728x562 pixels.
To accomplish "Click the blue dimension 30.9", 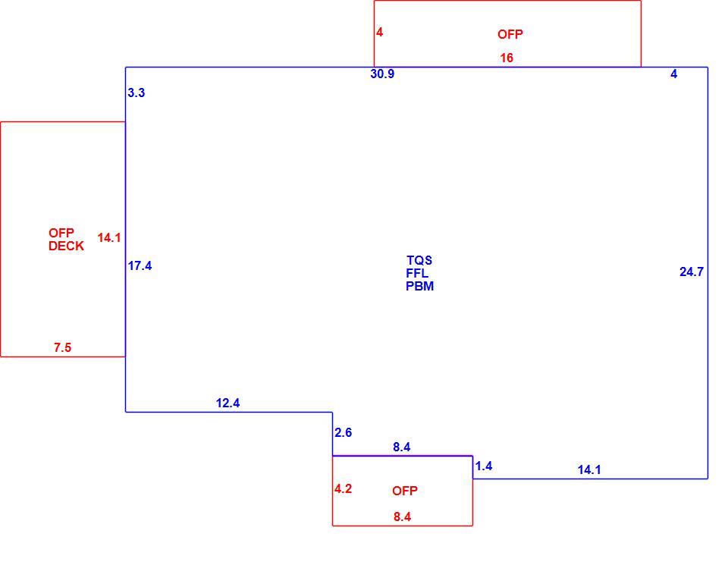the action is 382,74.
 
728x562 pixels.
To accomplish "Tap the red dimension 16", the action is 507,58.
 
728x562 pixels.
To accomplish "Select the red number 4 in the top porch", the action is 379,32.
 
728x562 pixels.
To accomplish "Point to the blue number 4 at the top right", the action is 673,74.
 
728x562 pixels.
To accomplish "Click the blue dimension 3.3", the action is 136,93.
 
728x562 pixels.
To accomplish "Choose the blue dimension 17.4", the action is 140,265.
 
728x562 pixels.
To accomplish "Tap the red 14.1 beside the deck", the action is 109,238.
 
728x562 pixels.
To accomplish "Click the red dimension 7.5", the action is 63,347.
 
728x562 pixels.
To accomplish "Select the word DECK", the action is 67,246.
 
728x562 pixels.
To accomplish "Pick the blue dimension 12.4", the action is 228,403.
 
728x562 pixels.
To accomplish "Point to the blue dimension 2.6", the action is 343,432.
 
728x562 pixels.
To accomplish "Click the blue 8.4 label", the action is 402,447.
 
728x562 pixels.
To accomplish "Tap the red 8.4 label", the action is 402,516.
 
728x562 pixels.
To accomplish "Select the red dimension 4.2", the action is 343,488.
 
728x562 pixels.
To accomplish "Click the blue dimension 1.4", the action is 484,466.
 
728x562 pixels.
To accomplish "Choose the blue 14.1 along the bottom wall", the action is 589,469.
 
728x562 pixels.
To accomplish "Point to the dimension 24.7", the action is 692,272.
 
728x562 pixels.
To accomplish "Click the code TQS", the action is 419,260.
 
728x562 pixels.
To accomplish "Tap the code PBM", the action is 419,286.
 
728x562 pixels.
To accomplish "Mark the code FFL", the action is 417,273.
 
